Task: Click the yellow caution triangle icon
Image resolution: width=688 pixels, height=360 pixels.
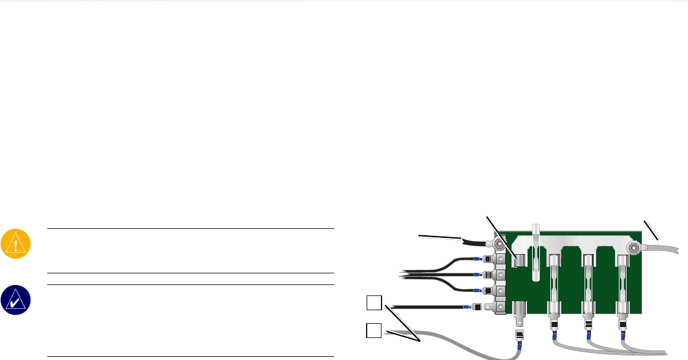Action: tap(13, 242)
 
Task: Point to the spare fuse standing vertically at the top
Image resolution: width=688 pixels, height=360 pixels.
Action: tap(536, 253)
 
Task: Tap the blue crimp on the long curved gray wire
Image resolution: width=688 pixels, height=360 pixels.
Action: tap(519, 348)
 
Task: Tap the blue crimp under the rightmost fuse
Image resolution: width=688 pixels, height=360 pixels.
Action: tap(623, 335)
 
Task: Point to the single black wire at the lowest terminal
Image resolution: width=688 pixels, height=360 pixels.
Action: tap(427, 306)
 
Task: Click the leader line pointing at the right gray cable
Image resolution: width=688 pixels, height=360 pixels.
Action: tap(652, 230)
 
